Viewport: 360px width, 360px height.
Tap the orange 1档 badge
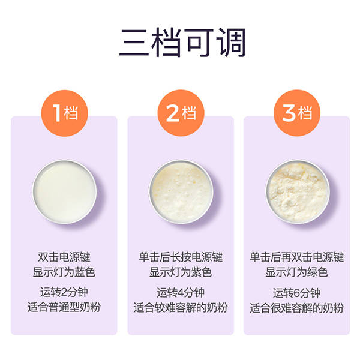pos(64,112)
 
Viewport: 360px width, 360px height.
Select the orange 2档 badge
pos(180,112)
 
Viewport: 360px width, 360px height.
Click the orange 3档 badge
pos(296,112)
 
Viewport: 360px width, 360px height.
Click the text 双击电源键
pos(64,257)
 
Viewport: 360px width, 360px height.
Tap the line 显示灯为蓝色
pos(64,272)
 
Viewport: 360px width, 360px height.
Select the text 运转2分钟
pos(64,293)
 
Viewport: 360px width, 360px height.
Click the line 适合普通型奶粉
pos(64,308)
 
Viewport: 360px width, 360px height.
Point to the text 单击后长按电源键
pos(180,257)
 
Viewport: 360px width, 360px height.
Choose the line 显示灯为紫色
pos(180,272)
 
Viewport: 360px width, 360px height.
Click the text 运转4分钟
pos(180,293)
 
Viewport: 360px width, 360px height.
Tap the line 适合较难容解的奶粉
pos(180,308)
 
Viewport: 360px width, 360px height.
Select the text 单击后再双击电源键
pos(296,257)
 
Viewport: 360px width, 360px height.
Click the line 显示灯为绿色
pos(296,272)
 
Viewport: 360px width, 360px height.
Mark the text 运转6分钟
pos(296,293)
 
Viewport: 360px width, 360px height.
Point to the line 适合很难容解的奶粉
pos(296,308)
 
